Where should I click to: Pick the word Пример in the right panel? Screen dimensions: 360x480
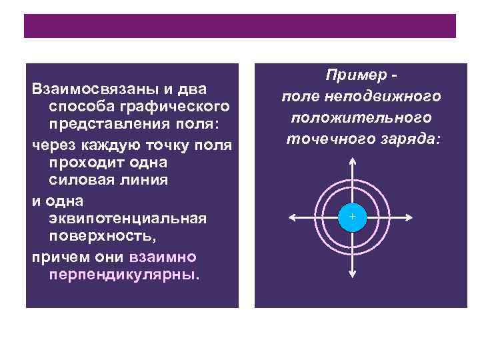[347, 77]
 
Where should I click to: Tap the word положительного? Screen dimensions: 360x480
[361, 117]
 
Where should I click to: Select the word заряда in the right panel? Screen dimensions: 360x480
[401, 139]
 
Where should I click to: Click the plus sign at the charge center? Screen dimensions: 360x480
[352, 218]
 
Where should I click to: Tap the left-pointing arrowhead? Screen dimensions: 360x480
[291, 218]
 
